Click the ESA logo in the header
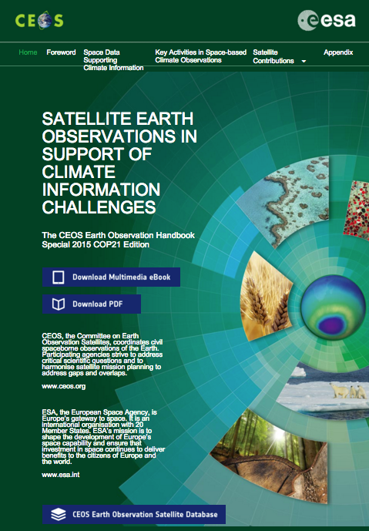[x=327, y=20]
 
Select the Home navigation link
[x=28, y=52]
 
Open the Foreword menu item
[x=61, y=52]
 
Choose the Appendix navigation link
[x=338, y=52]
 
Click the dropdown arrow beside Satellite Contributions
[x=304, y=62]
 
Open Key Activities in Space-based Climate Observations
[x=201, y=56]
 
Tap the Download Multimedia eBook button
[x=111, y=277]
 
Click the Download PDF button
[x=92, y=304]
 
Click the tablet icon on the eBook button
[x=59, y=277]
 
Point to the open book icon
[x=59, y=304]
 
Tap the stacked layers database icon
[x=59, y=514]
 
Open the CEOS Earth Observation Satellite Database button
[x=134, y=514]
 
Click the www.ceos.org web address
[x=64, y=386]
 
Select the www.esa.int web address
[x=61, y=475]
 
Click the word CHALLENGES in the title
[x=99, y=207]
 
